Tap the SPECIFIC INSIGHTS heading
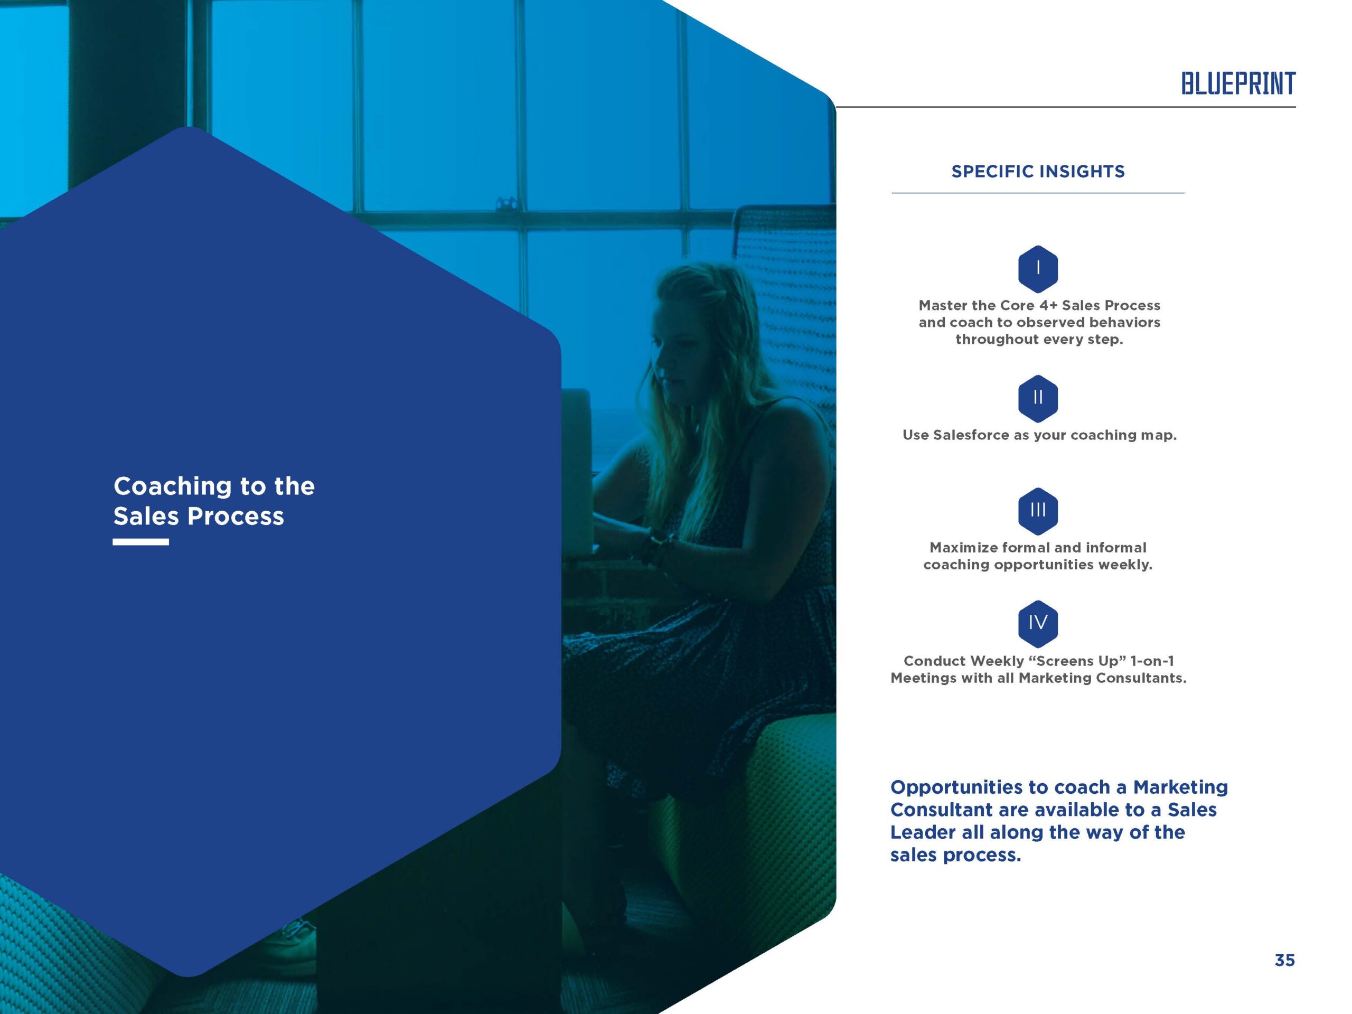tap(1038, 172)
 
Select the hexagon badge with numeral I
tap(1038, 269)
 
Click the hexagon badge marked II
tap(1038, 399)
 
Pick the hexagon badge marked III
tap(1038, 511)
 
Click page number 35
tap(1284, 960)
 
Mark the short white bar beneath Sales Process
tap(140, 541)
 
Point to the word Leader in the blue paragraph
tap(924, 832)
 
